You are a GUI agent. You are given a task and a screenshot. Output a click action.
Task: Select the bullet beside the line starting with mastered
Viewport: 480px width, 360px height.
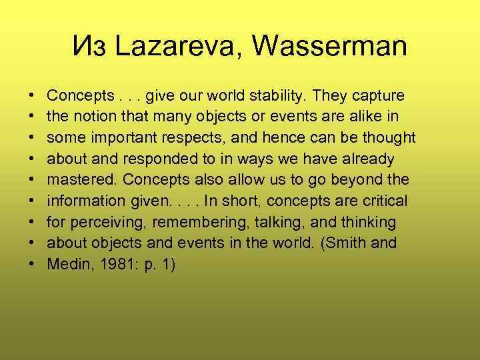33,180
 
